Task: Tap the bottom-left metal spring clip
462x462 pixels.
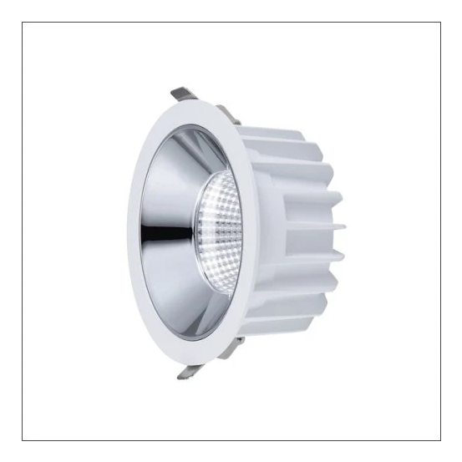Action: click(186, 370)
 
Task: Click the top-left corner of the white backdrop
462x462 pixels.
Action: click(23, 23)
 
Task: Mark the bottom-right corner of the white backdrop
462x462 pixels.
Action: click(438, 438)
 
